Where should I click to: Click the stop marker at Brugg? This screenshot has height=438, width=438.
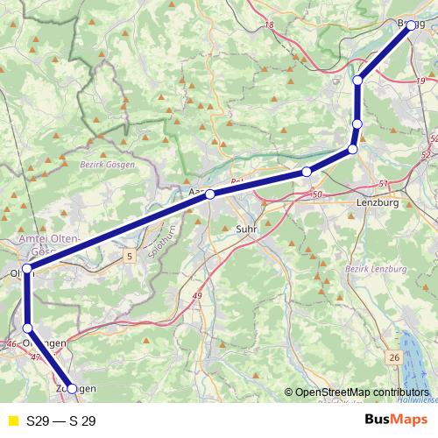(411, 25)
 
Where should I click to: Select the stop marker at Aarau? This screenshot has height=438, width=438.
(210, 194)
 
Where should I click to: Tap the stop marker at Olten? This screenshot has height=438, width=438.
(27, 268)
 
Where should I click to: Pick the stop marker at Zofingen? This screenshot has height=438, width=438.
(72, 388)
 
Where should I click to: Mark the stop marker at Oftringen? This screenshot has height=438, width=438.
(27, 328)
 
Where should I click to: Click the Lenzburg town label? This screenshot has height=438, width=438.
(378, 202)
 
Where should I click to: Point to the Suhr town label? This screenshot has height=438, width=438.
(246, 229)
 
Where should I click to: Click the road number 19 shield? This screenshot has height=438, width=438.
(420, 81)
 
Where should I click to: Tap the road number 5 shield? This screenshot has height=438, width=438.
(131, 256)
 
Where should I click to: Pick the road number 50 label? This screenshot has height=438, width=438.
(316, 194)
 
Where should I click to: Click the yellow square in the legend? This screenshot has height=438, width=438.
(12, 420)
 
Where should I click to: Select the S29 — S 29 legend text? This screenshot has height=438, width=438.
(61, 420)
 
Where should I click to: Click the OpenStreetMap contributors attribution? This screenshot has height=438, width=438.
(361, 393)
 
